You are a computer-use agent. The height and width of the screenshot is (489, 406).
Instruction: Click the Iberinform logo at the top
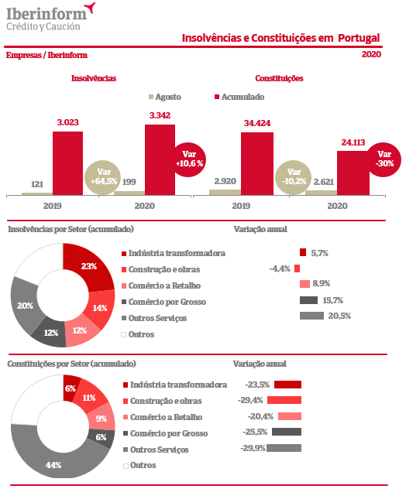pos(50,17)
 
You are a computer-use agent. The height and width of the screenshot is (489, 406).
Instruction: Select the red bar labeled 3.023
pos(67,163)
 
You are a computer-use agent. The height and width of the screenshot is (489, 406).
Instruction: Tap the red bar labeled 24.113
pos(353,173)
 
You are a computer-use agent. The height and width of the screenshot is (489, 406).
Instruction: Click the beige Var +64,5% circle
pos(103,177)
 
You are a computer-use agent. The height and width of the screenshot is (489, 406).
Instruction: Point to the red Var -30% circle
pos(384,159)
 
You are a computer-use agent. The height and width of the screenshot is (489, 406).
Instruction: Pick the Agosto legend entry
pos(165,97)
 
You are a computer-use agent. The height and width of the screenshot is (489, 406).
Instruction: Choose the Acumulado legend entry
pos(239,97)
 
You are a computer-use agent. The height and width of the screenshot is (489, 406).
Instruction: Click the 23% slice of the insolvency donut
pos(91,265)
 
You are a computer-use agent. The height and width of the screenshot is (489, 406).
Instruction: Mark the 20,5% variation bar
pos(311,316)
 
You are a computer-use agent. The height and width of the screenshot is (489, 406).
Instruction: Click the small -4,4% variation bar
pos(297,268)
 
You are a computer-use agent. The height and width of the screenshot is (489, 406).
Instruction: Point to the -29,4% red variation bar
pos(284,400)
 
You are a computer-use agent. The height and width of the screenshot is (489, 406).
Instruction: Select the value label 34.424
pos(257,123)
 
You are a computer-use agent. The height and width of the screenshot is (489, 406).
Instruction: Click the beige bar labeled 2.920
pos(225,193)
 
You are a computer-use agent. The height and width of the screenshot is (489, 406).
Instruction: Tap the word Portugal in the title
pos(359,38)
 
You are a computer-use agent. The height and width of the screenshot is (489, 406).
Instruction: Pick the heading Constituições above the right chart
pos(279,78)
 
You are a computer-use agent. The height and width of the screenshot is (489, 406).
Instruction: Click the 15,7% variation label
pos(332,300)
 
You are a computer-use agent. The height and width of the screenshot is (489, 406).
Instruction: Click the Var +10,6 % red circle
pos(189,159)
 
